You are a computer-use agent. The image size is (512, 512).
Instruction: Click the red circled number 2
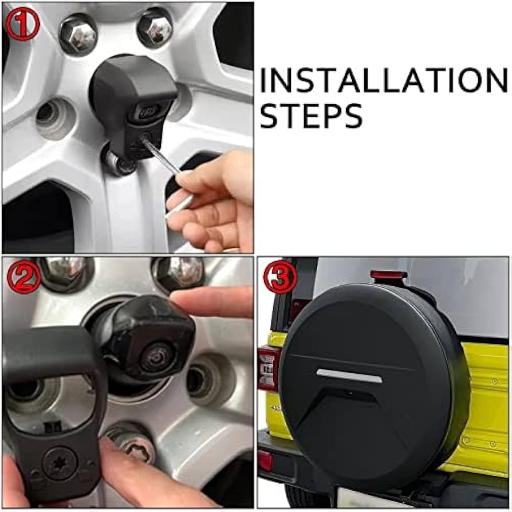pyautogui.click(x=24, y=277)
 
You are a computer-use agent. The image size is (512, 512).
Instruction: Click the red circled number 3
pyautogui.click(x=280, y=277)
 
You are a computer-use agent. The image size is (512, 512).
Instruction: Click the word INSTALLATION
pyautogui.click(x=383, y=80)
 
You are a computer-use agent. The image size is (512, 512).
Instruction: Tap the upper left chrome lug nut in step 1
pyautogui.click(x=78, y=34)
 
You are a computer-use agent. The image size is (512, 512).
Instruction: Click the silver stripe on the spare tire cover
pyautogui.click(x=349, y=375)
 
